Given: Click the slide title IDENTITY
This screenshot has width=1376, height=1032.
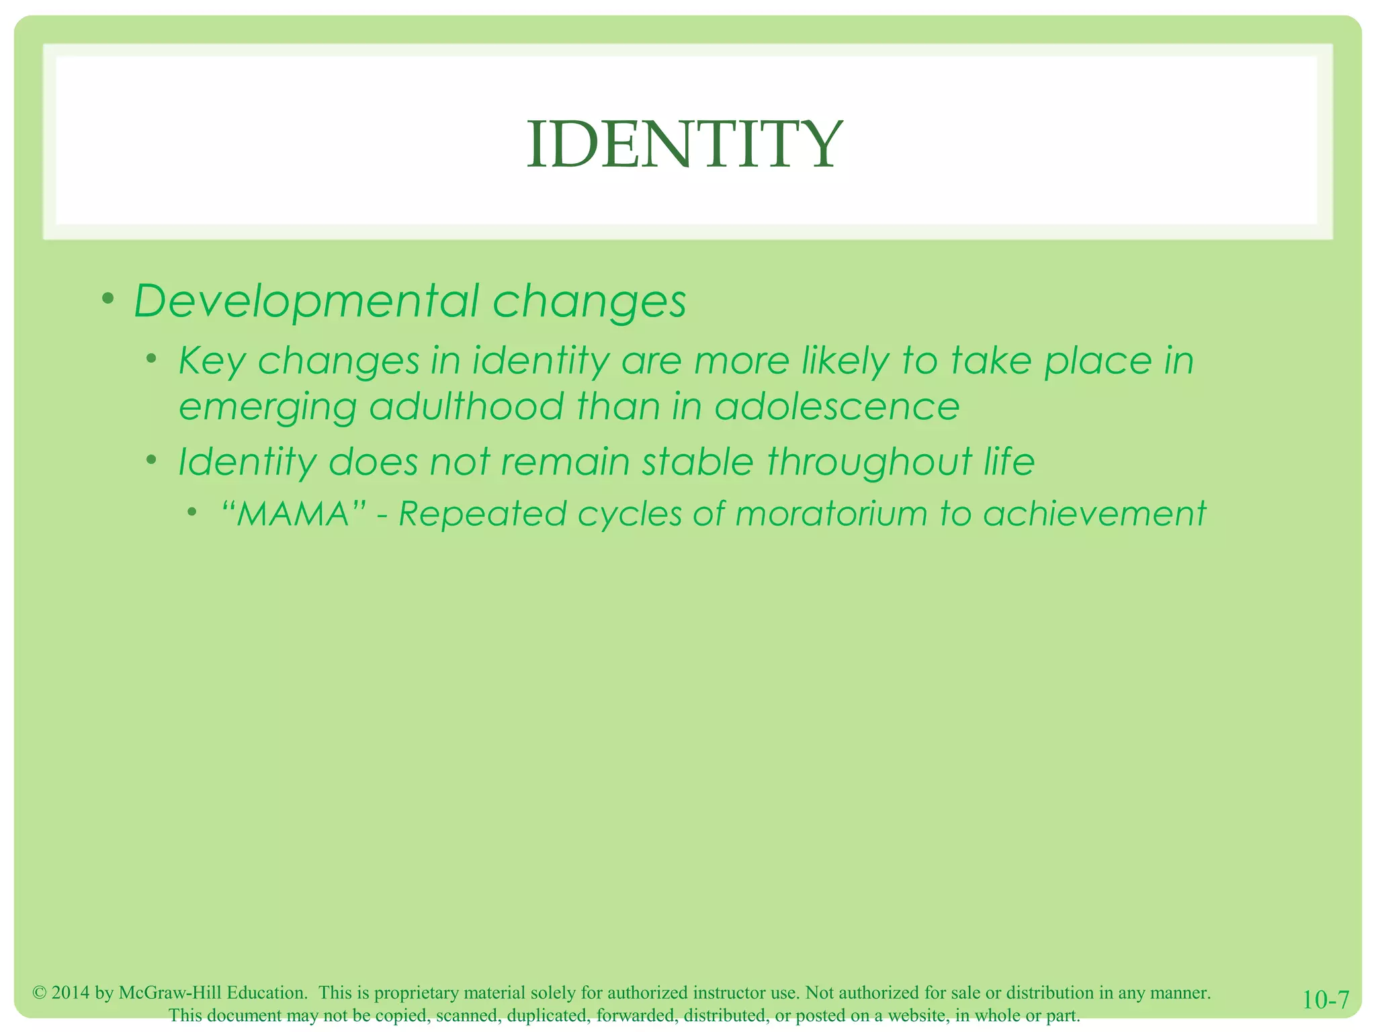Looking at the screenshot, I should pos(684,144).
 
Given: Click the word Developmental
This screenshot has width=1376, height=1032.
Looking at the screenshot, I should pos(306,301).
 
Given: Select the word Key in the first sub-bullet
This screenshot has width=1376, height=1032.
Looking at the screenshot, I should pos(211,361).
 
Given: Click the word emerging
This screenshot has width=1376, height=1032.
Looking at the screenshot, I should pos(267,408).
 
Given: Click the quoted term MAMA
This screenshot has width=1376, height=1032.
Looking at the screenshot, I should pos(294,515).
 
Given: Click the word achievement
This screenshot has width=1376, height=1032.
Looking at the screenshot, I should pos(1094,514).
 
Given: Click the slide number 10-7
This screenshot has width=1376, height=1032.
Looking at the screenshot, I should pos(1325,1000).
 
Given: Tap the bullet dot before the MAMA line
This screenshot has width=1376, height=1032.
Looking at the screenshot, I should pos(192,513).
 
